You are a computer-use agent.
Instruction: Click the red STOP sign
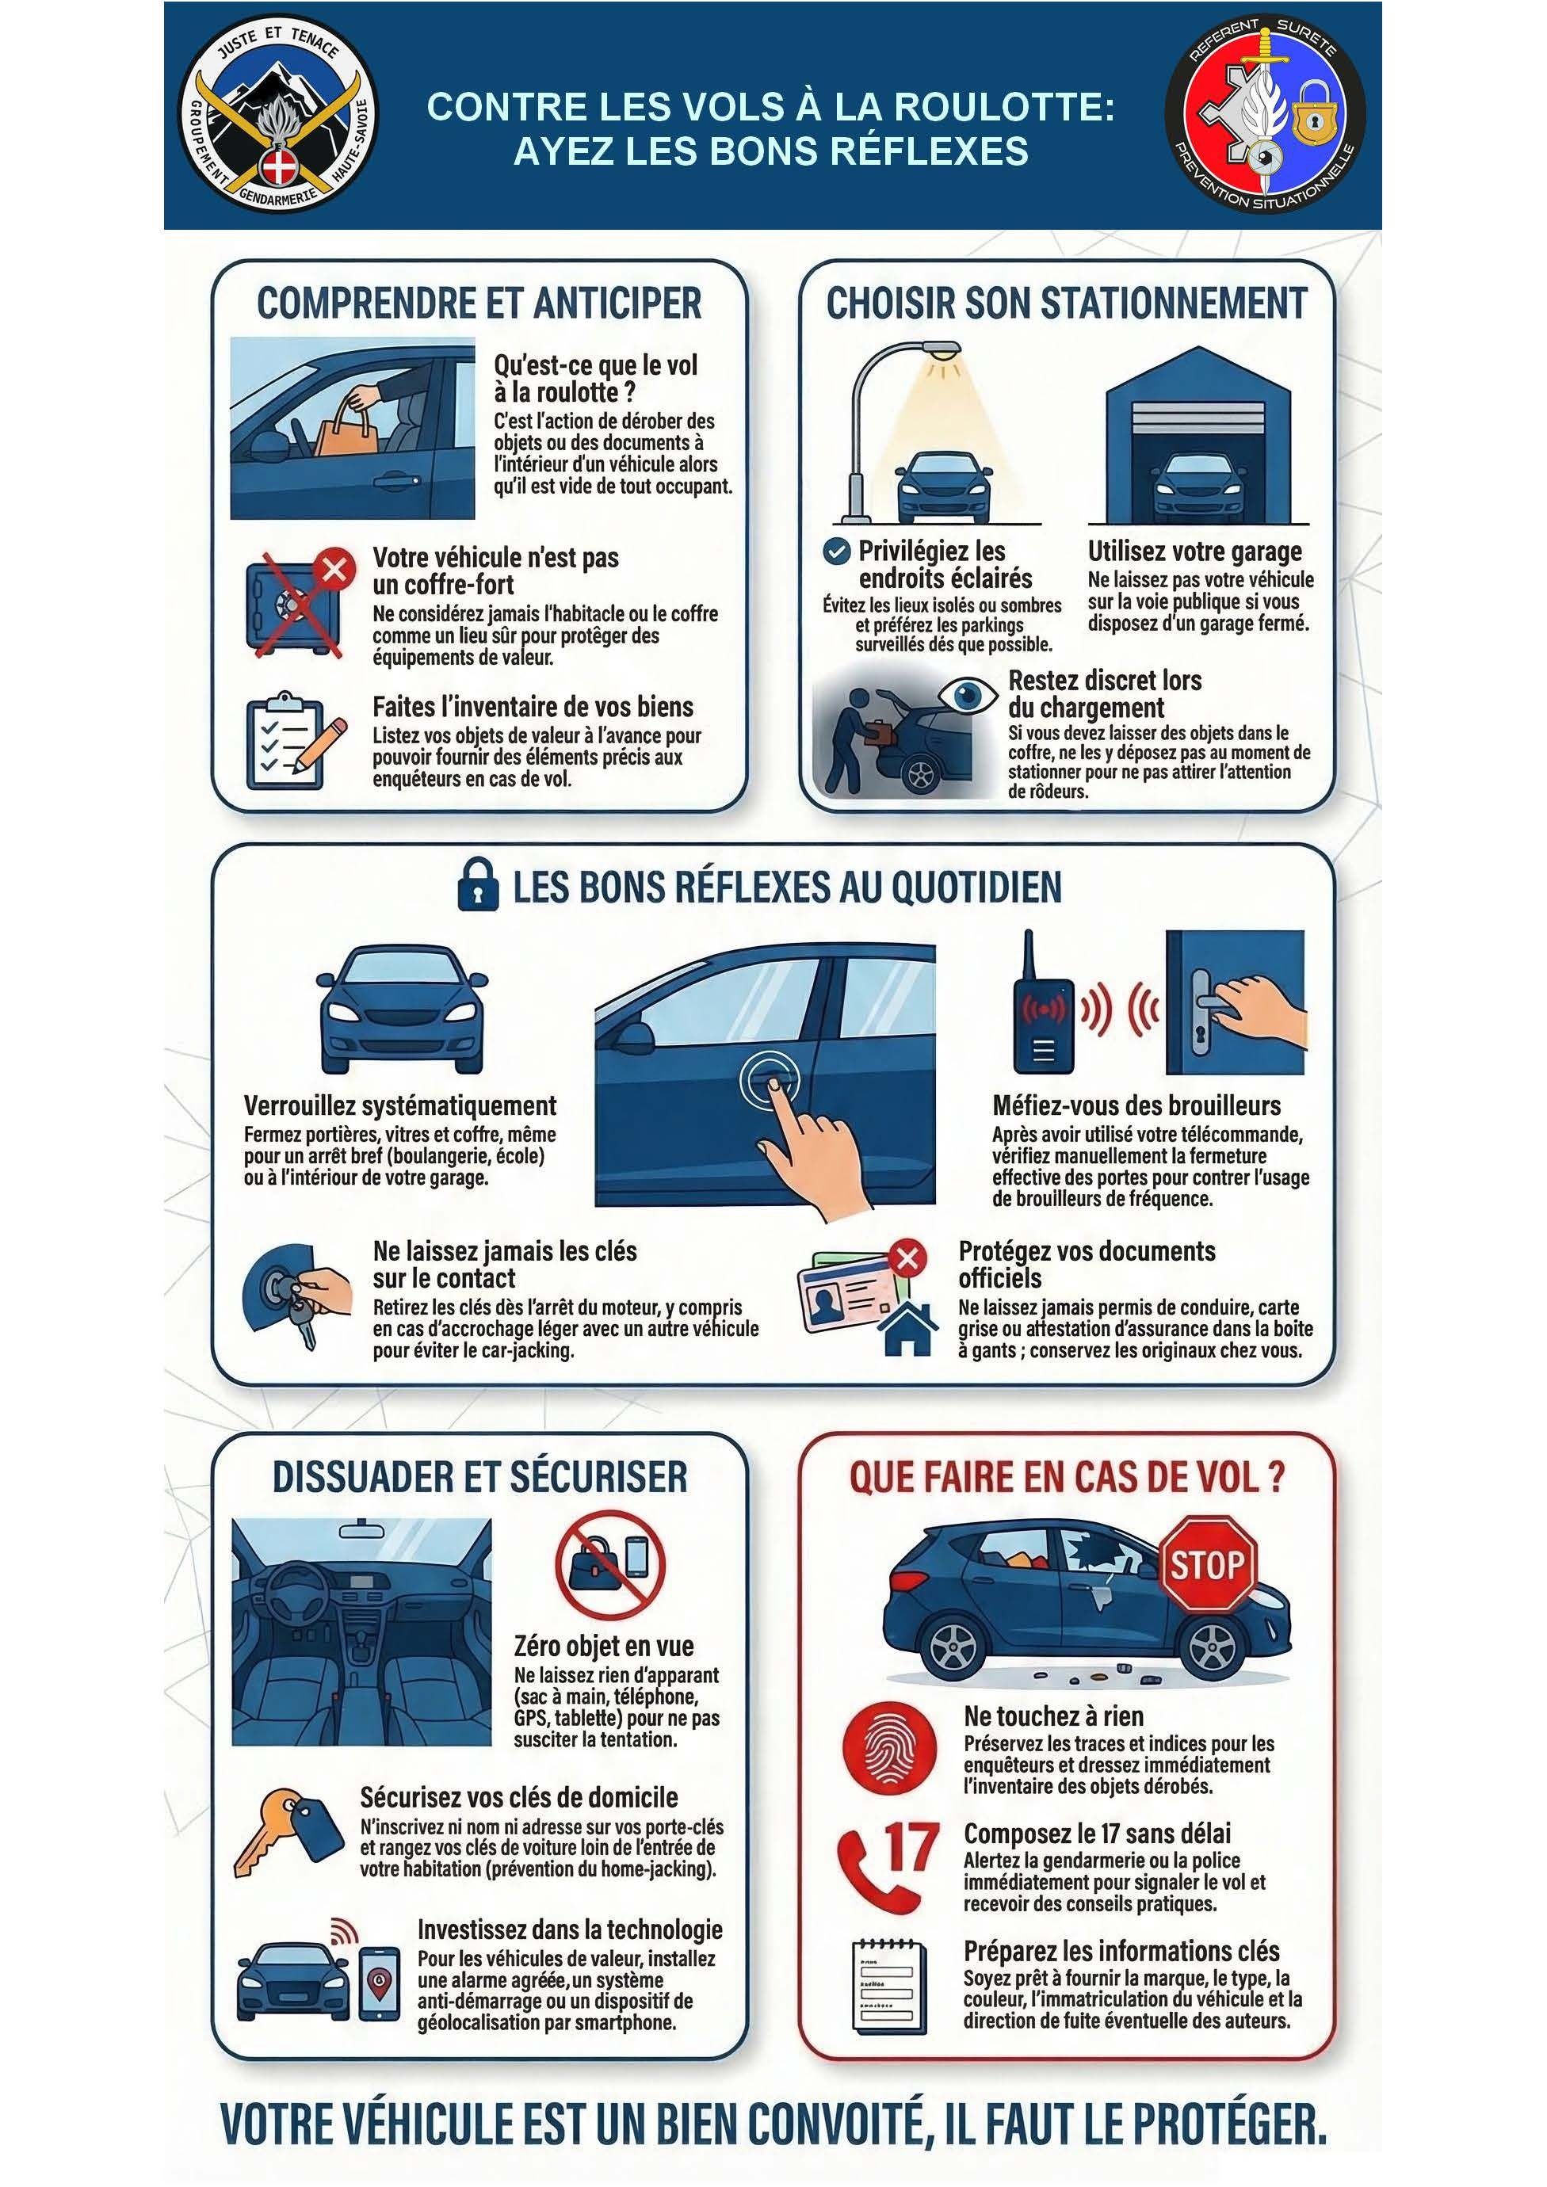pyautogui.click(x=1207, y=1565)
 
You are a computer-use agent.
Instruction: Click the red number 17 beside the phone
pyautogui.click(x=911, y=1849)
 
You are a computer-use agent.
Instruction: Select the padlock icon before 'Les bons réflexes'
pyautogui.click(x=477, y=885)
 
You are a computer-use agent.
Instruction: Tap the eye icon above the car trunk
pyautogui.click(x=968, y=696)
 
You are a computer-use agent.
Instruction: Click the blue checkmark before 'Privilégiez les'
pyautogui.click(x=836, y=552)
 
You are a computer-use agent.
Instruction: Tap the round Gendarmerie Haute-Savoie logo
pyautogui.click(x=277, y=115)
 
